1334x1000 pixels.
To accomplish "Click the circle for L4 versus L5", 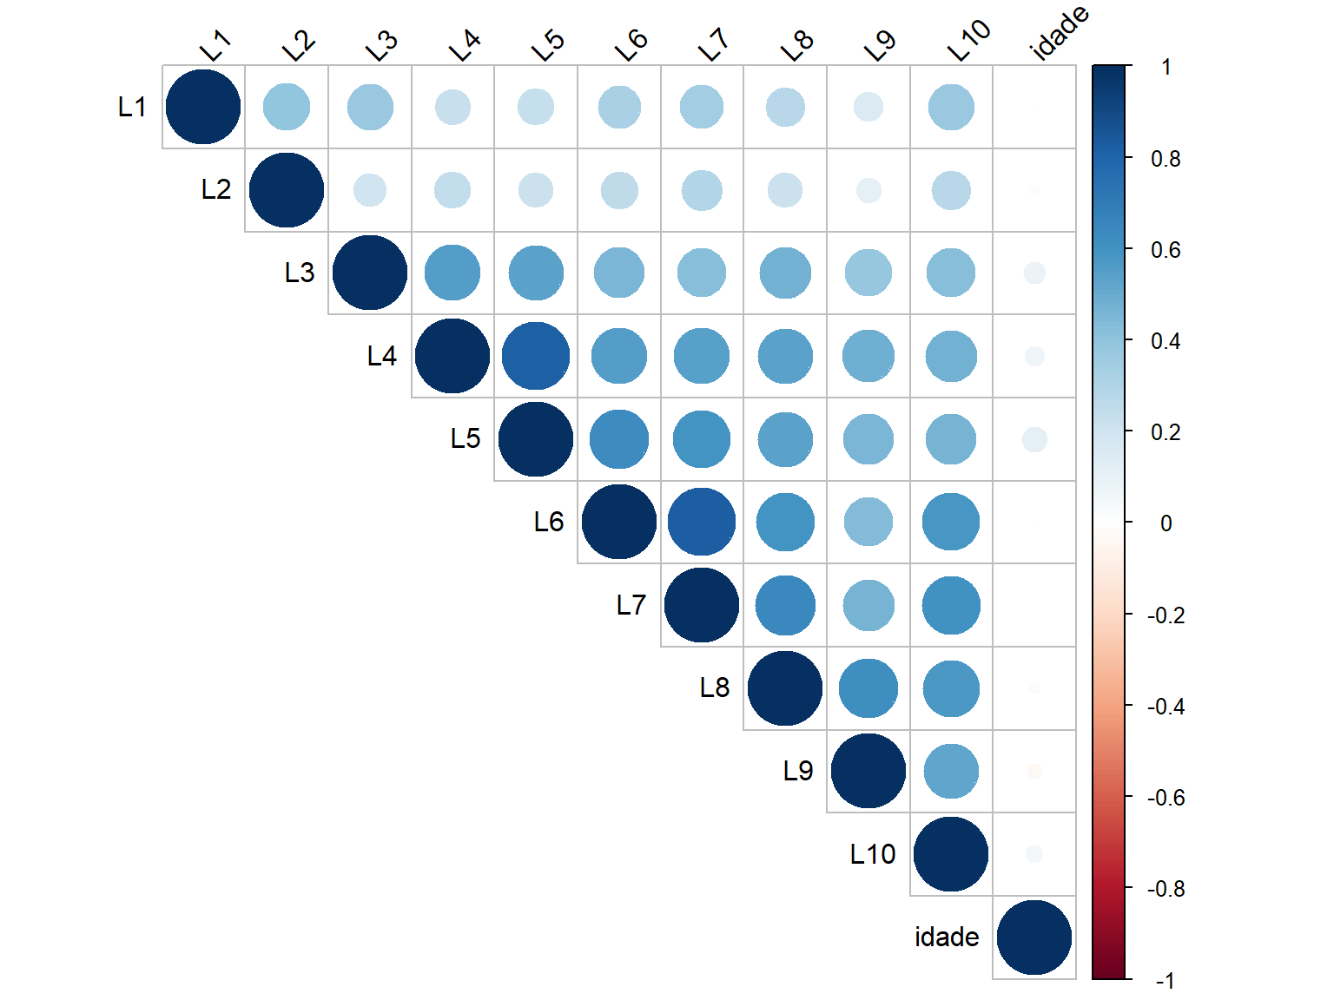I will click(536, 356).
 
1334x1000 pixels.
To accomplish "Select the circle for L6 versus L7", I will click(702, 522).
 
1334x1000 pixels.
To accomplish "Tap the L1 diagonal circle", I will click(203, 107).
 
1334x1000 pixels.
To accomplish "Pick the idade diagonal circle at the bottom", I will click(1034, 937).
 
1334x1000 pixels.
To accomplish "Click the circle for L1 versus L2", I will click(287, 107).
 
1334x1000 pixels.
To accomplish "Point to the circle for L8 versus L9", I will click(868, 688).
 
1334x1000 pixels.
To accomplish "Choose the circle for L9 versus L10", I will click(951, 772).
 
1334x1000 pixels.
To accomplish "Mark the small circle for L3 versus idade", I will click(1034, 273).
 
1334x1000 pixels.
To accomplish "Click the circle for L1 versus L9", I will click(868, 107).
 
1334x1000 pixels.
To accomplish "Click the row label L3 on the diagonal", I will click(300, 273).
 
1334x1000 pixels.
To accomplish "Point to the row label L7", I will click(631, 605).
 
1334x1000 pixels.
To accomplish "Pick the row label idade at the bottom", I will click(947, 937).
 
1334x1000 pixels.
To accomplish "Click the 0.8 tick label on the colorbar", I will click(1166, 159).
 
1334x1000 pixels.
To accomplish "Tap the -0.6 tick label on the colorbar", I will click(1166, 798).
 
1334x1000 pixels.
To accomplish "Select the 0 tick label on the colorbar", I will click(1166, 523).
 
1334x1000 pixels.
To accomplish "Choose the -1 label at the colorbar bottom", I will click(1166, 981).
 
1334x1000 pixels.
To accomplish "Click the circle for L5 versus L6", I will click(619, 439).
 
